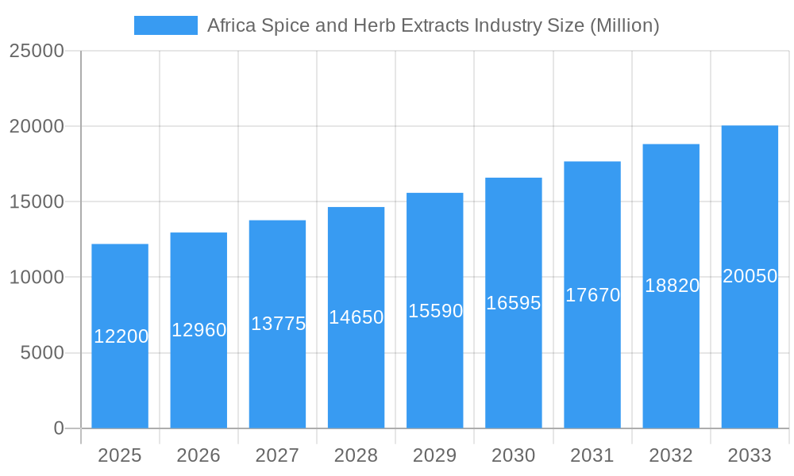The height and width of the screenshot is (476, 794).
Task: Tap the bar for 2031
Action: click(x=592, y=357)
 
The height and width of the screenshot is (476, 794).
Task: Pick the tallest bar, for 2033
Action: click(x=750, y=349)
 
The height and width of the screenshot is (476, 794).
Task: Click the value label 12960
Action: click(x=199, y=330)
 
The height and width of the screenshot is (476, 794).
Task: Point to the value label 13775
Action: click(x=278, y=324)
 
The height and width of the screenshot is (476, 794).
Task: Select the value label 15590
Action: click(x=435, y=311)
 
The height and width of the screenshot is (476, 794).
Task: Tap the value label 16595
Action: click(x=514, y=303)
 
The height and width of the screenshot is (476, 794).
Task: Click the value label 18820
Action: click(x=672, y=286)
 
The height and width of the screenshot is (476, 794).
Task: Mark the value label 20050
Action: click(x=750, y=276)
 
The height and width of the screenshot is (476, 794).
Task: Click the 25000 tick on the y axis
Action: click(x=36, y=51)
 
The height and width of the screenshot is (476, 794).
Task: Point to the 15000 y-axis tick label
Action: click(x=36, y=202)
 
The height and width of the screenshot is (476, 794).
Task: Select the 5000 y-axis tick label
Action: click(x=41, y=353)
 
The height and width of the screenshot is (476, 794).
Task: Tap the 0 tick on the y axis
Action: click(x=59, y=428)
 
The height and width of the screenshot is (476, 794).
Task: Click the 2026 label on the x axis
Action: click(x=198, y=455)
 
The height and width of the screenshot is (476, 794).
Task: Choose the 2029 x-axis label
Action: click(x=435, y=455)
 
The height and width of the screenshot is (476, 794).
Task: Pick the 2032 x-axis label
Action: click(x=671, y=455)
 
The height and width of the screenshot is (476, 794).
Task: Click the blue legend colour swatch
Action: click(x=165, y=25)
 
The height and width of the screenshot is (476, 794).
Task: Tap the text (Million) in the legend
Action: click(x=623, y=25)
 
